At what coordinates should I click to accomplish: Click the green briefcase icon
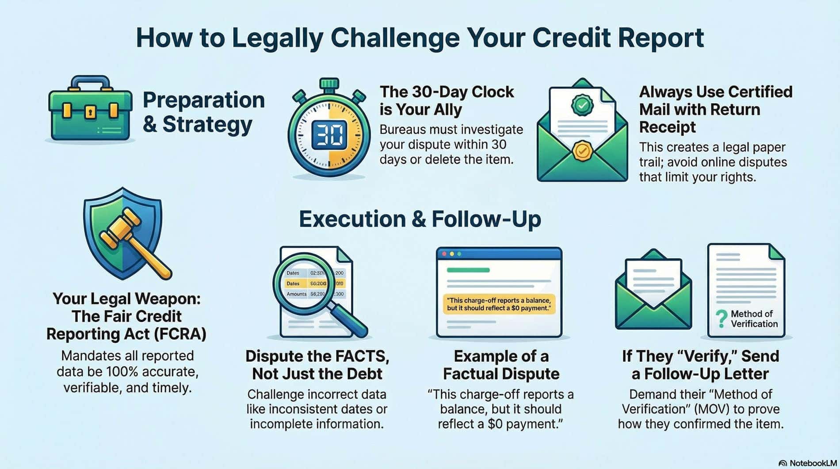(x=90, y=111)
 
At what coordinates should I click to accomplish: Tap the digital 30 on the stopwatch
(x=329, y=135)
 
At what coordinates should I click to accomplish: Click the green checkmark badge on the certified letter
(x=583, y=105)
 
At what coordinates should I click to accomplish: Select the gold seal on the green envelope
(x=582, y=151)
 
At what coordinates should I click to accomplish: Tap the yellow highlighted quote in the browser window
(x=499, y=304)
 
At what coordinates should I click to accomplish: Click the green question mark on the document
(x=721, y=318)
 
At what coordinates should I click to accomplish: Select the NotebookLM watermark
(x=808, y=463)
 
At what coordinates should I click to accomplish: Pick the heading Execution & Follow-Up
(x=420, y=219)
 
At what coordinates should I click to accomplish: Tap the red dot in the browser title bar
(x=444, y=254)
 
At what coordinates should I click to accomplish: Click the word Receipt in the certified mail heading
(x=667, y=127)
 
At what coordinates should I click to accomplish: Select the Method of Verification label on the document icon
(x=753, y=319)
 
